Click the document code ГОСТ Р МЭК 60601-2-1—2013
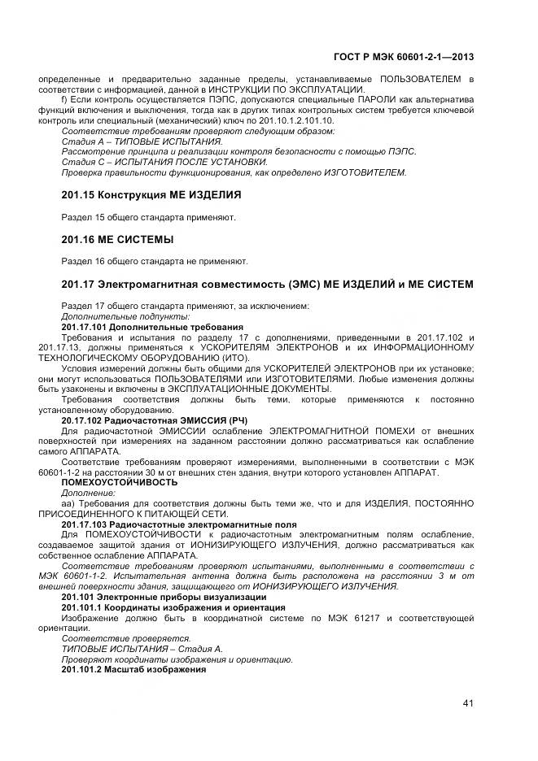click(404, 57)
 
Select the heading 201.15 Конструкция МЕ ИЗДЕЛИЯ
click(151, 196)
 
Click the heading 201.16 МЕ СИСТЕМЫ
click(118, 240)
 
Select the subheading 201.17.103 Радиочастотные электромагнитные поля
click(179, 524)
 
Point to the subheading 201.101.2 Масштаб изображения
click(133, 669)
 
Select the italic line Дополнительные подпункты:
click(125, 316)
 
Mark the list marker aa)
click(68, 503)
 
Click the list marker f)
click(65, 99)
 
